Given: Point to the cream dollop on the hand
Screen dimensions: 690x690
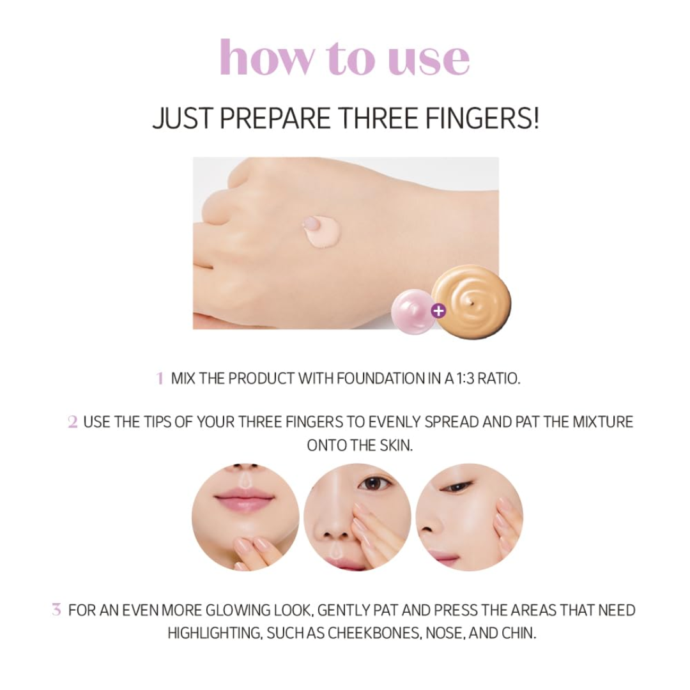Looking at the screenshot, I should point(319,229).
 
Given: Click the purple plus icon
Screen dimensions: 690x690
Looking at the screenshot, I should point(438,311).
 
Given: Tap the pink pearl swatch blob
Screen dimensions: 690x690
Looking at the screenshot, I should point(411,309).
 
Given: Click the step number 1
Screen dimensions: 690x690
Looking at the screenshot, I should point(160,378).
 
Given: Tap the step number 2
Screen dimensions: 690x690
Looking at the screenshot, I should point(73,422).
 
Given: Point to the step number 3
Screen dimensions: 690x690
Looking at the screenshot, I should point(56,610).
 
